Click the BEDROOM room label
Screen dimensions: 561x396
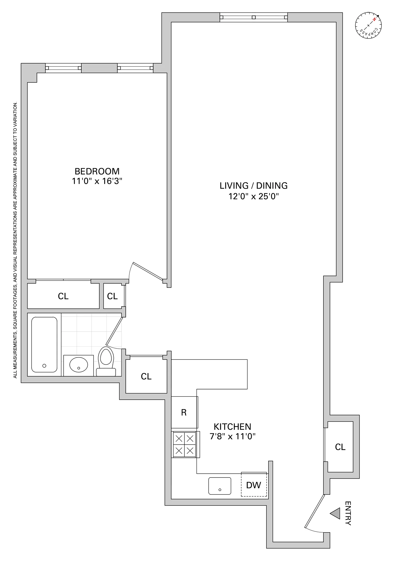pos(97,171)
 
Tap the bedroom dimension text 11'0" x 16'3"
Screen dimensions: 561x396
pos(97,181)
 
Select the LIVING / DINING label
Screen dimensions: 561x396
pos(253,186)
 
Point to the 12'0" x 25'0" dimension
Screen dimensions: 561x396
pos(253,196)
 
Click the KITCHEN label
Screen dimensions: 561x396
pos(232,427)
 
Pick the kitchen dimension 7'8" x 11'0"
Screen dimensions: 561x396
pos(232,436)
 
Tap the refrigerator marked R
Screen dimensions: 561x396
pos(184,412)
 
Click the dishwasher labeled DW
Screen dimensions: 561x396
pos(253,485)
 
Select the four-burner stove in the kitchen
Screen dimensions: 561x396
pos(185,445)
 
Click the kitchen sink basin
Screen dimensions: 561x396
pos(220,486)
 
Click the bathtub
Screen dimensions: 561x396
pos(44,345)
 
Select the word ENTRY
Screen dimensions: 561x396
pos(348,513)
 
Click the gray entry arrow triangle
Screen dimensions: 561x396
pos(336,513)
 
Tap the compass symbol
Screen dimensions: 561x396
pos(368,25)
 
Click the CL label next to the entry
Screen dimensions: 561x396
pos(340,447)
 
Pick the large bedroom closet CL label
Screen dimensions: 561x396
pos(63,296)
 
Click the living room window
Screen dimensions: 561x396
pos(253,17)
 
